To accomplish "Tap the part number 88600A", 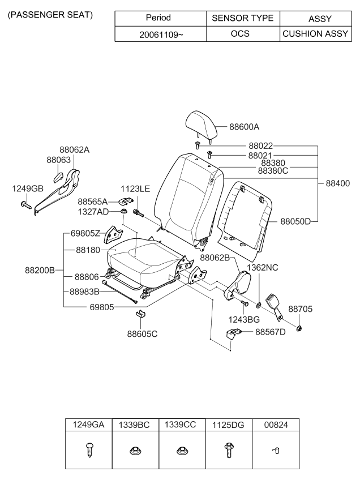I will point(244,127).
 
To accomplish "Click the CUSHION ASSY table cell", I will point(315,33).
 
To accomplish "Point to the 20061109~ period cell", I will point(162,33).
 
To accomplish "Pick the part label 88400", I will point(337,183).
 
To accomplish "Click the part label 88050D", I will point(295,221).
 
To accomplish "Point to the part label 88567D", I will point(271,332).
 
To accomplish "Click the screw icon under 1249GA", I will point(89,451).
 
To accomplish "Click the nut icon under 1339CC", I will point(182,451).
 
